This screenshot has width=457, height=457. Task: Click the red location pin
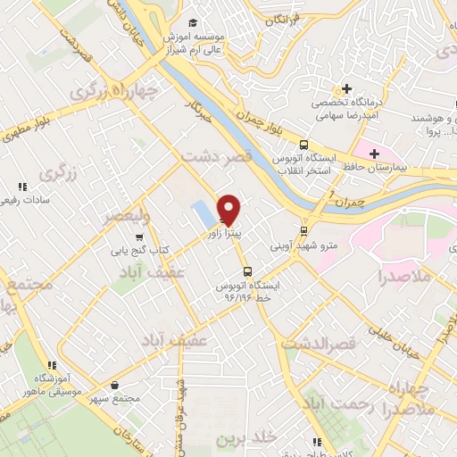[229, 209]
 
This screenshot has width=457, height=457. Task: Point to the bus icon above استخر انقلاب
[303, 145]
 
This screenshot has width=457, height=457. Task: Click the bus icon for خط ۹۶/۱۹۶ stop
[247, 272]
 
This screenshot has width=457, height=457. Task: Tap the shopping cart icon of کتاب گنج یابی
[138, 237]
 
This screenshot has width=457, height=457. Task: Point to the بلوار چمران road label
[264, 127]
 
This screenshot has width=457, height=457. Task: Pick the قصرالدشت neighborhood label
[319, 342]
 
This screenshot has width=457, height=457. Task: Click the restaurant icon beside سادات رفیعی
[22, 187]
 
